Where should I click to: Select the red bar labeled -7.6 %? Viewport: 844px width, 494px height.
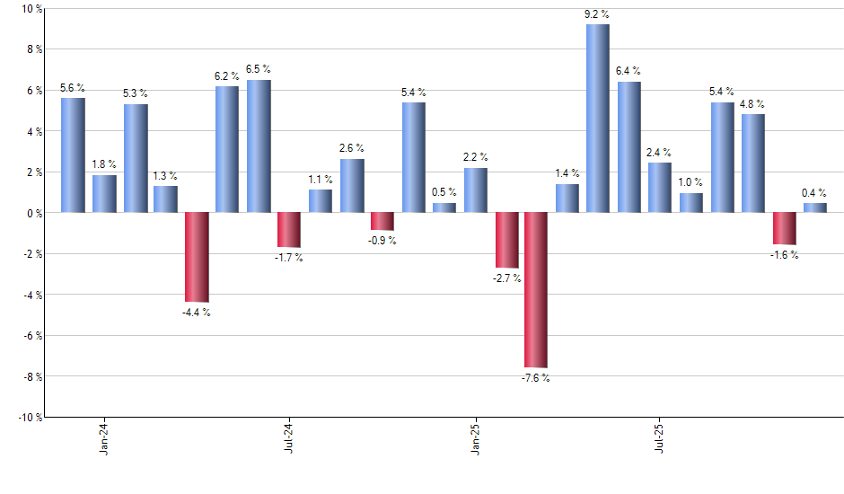click(536, 290)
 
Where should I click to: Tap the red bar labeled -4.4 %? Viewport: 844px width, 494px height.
click(197, 257)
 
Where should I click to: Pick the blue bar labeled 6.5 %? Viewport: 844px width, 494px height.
click(259, 146)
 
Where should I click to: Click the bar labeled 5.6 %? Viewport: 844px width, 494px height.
click(73, 155)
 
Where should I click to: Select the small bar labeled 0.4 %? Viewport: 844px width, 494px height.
click(815, 207)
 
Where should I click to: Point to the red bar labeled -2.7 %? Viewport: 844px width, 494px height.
click(506, 240)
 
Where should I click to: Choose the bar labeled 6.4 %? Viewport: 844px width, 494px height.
click(629, 147)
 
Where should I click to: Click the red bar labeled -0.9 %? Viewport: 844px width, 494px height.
click(382, 221)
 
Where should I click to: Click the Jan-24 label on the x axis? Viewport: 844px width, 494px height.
click(104, 437)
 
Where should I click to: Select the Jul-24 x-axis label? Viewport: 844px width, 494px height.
click(289, 437)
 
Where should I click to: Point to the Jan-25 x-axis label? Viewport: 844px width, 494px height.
click(475, 437)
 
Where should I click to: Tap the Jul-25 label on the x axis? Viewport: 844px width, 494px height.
click(660, 437)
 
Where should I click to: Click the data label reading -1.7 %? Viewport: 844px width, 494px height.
click(289, 259)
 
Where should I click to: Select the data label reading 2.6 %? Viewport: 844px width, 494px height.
click(352, 148)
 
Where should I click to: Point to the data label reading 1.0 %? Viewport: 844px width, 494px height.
click(690, 182)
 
